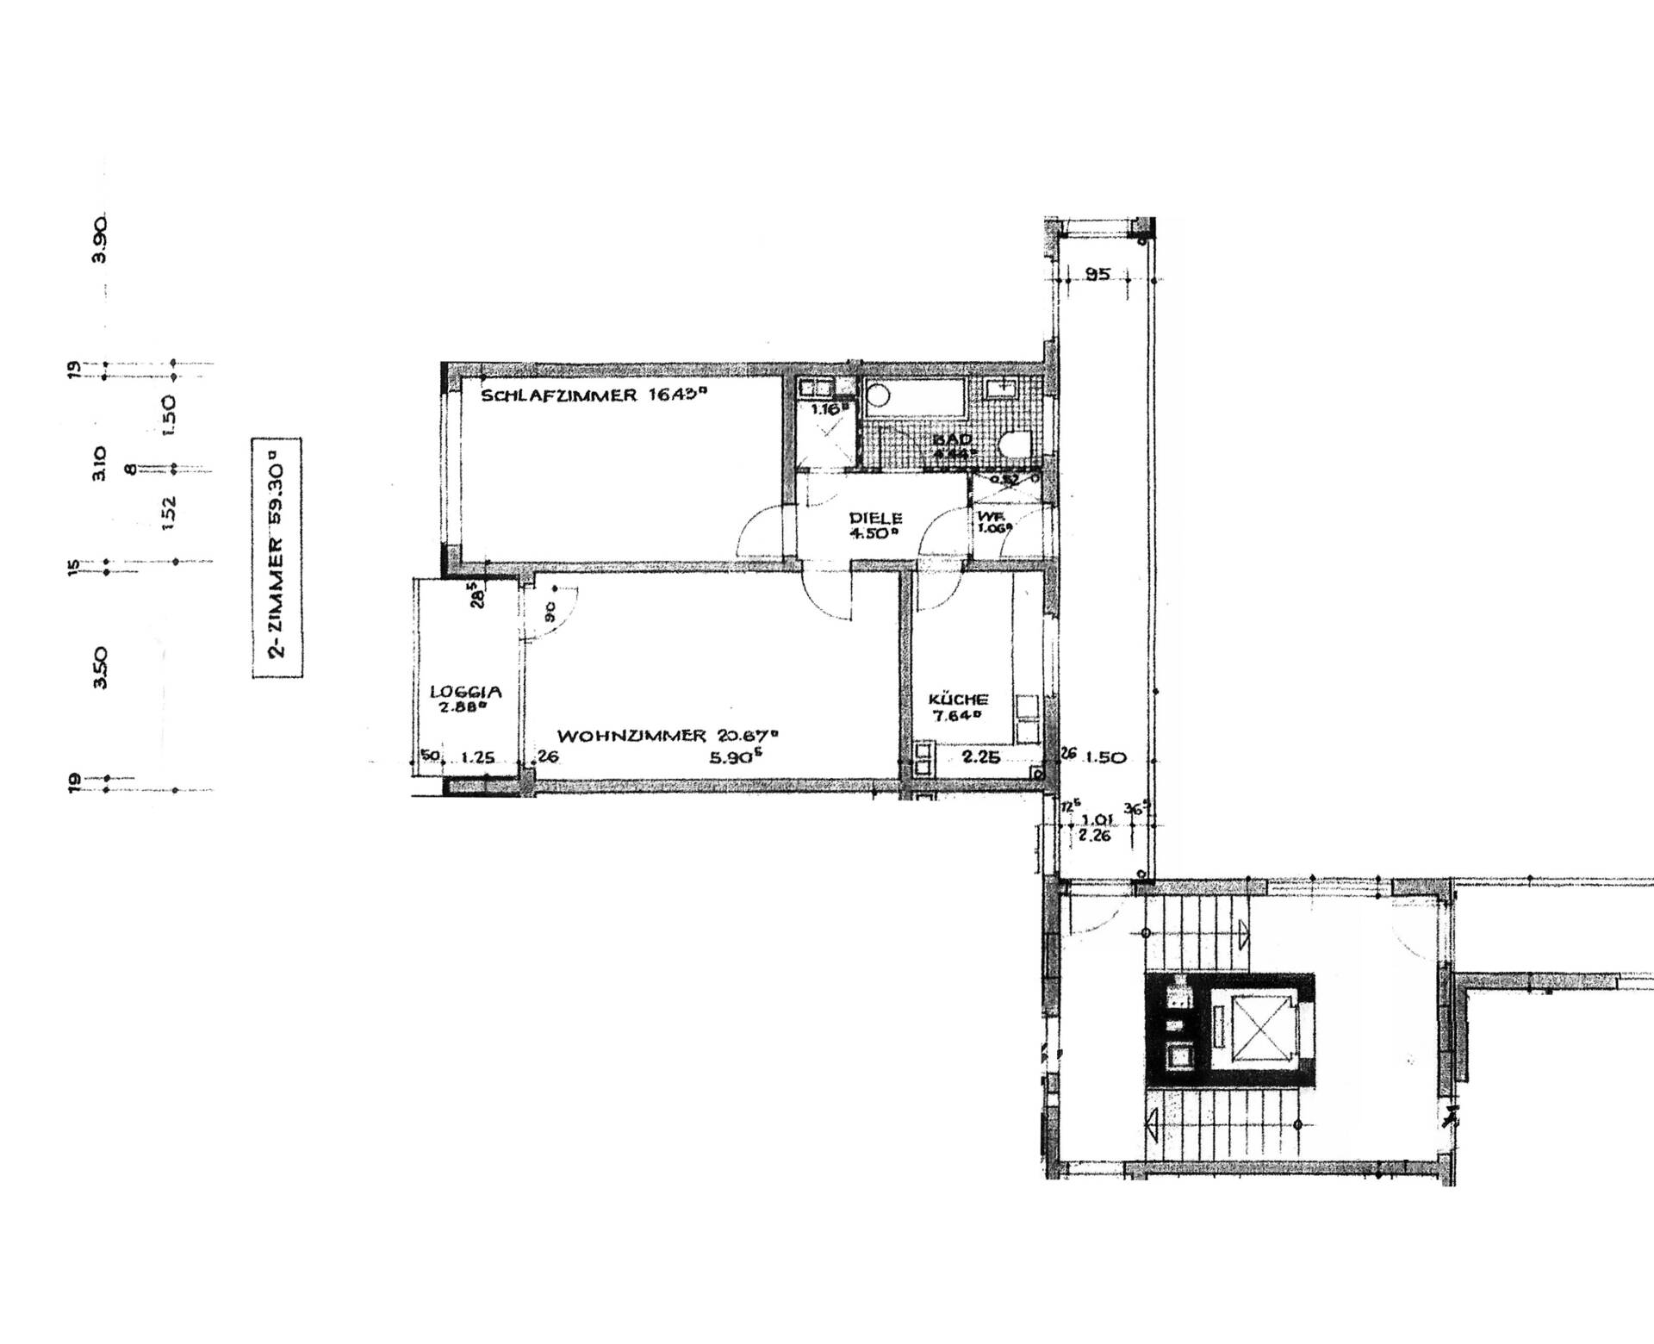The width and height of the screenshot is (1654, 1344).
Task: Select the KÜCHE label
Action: coord(957,700)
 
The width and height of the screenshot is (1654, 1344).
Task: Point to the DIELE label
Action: coord(875,519)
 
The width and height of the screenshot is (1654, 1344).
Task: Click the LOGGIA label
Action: coord(465,691)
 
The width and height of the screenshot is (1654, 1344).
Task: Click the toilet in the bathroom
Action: coord(1017,445)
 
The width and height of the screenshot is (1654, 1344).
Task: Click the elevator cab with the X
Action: coord(1260,1030)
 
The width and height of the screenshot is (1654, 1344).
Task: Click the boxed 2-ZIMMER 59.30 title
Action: coord(277,557)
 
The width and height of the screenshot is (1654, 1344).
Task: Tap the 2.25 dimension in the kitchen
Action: coord(980,757)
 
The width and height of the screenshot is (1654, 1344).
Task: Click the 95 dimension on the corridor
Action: coord(1097,275)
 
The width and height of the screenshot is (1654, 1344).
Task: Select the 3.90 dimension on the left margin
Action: coord(101,240)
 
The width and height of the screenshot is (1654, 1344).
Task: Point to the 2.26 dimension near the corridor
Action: coord(1093,834)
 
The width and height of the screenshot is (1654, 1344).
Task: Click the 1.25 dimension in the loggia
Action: coord(478,757)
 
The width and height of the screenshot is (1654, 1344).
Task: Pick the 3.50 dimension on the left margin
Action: coord(101,668)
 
